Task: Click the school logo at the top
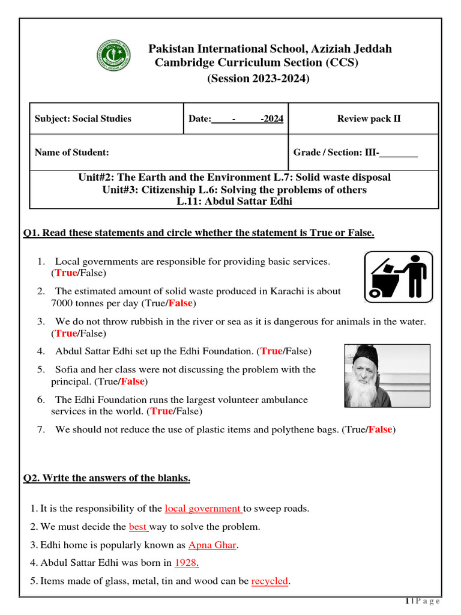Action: [113, 56]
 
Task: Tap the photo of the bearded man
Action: [387, 375]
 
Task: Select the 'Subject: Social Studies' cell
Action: [83, 119]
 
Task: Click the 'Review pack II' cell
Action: [369, 119]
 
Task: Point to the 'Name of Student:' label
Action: [72, 153]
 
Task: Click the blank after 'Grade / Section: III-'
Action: [399, 153]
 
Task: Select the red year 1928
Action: [186, 563]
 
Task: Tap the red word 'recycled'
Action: [270, 581]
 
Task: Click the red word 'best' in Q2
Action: [138, 527]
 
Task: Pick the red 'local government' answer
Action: [203, 509]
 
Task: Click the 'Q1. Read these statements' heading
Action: [199, 233]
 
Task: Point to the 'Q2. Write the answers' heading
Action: [107, 478]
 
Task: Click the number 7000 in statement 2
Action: [63, 303]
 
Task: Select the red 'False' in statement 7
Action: [380, 429]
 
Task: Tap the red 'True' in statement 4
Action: [271, 351]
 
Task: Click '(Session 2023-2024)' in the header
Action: [258, 79]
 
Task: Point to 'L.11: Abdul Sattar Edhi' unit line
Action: [234, 201]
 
